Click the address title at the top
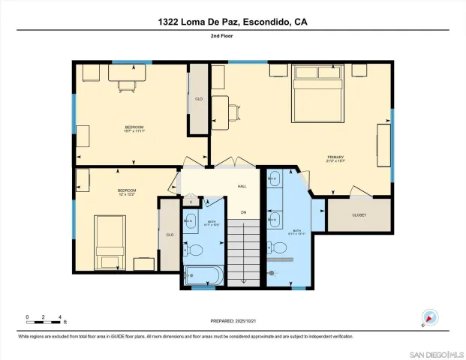pyautogui.click(x=233, y=22)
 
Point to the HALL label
pyautogui.click(x=242, y=187)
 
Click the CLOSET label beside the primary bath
pyautogui.click(x=359, y=215)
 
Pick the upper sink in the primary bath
pyautogui.click(x=275, y=178)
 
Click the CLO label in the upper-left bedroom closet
pyautogui.click(x=199, y=99)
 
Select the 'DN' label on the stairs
pyautogui.click(x=243, y=212)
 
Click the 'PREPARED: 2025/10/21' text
pyautogui.click(x=233, y=321)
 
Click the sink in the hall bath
pyautogui.click(x=190, y=221)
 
